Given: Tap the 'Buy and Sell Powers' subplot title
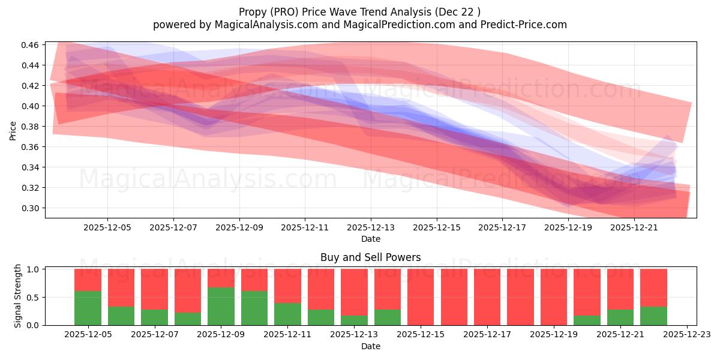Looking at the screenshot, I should point(370,257).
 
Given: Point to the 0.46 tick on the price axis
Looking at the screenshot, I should point(34,45).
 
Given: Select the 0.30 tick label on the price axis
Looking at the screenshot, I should point(34,208).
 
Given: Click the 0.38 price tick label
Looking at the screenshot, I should point(34,127).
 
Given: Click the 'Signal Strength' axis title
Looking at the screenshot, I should point(18,296).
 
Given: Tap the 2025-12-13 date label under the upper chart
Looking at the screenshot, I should point(370,228).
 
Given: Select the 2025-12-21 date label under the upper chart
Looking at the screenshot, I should point(634,228).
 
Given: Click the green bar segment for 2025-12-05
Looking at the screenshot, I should point(88,308).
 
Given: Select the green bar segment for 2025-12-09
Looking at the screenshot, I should point(221,307).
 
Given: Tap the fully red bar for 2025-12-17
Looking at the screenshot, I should point(487,297).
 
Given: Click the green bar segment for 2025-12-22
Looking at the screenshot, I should point(653,316).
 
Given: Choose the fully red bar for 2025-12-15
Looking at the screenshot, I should point(421,297).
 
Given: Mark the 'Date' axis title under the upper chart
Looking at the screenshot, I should point(370,239).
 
